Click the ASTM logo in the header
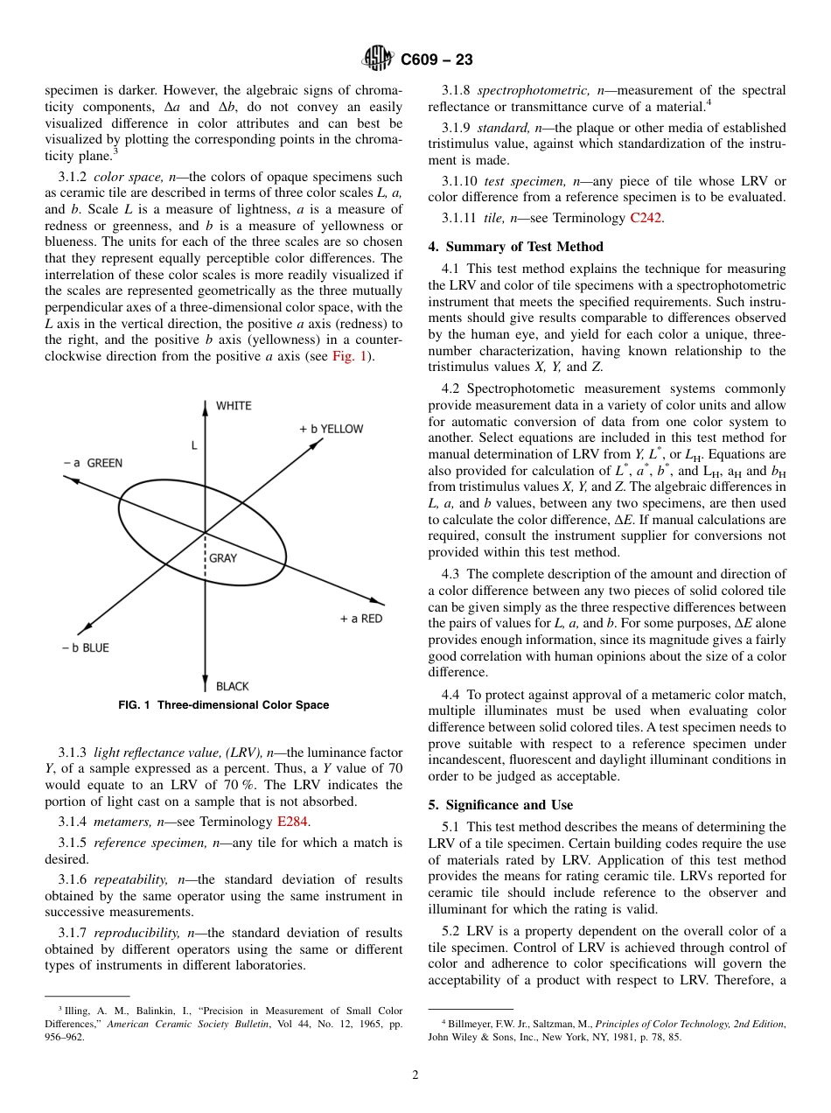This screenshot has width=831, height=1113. click(x=379, y=59)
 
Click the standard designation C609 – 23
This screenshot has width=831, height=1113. click(x=436, y=60)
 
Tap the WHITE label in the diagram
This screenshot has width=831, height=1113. click(x=234, y=406)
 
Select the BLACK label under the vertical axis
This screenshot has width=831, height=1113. click(x=233, y=687)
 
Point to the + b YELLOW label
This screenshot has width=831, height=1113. click(x=331, y=429)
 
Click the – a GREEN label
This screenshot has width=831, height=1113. click(x=93, y=463)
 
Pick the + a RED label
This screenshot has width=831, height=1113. click(x=360, y=619)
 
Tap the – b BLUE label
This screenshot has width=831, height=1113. click(x=86, y=647)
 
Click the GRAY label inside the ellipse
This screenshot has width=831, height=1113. click(x=223, y=558)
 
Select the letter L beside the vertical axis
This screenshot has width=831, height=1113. click(x=193, y=445)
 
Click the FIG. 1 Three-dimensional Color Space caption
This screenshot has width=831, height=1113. click(x=224, y=705)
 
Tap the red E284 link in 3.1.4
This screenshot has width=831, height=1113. click(x=293, y=822)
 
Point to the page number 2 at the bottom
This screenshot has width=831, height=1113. click(x=415, y=1075)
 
